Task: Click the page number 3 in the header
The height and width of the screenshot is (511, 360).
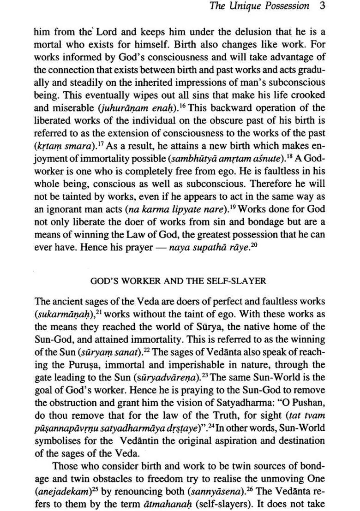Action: [322, 6]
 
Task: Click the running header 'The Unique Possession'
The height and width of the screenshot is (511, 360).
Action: [259, 6]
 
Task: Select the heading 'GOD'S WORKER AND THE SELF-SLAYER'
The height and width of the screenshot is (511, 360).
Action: [178, 280]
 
